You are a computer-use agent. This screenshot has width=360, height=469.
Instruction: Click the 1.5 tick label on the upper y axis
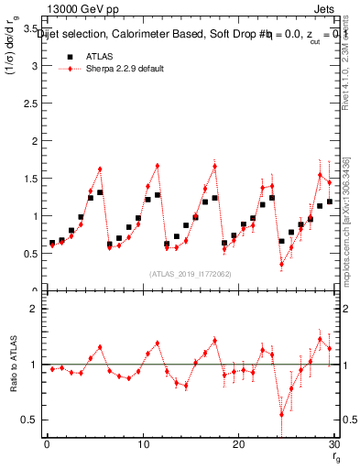pos(29,179)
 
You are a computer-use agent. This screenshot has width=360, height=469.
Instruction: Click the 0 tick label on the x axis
pos(46,444)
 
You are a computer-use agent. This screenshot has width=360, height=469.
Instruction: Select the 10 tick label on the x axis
pos(142,444)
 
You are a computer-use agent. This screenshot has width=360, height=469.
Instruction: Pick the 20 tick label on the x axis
pos(238,444)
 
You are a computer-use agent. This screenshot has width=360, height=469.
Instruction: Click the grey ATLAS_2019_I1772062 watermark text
pos(189,273)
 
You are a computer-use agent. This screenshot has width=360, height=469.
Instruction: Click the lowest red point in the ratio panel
pos(281,414)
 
